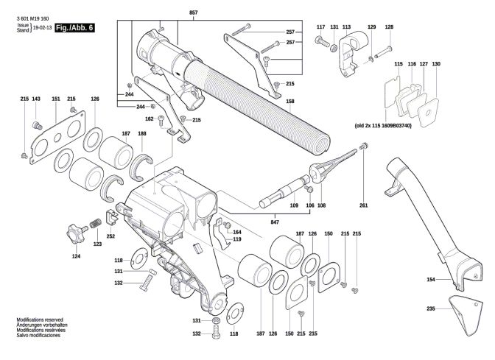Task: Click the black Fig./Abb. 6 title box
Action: point(75,28)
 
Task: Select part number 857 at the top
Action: point(194,13)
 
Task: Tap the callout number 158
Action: point(290,102)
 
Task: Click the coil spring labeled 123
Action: point(95,223)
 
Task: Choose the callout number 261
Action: point(364,205)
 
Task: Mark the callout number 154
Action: point(431,280)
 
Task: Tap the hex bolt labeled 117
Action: point(321,41)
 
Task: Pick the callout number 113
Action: point(346,27)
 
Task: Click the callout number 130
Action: point(436,64)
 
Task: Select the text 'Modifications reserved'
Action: point(40,320)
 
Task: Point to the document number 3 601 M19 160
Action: point(33,18)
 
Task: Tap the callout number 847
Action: point(275,222)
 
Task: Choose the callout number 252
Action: point(110,236)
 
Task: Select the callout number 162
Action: point(150,119)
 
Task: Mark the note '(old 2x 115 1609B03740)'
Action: point(383,126)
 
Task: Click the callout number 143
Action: point(36,99)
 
